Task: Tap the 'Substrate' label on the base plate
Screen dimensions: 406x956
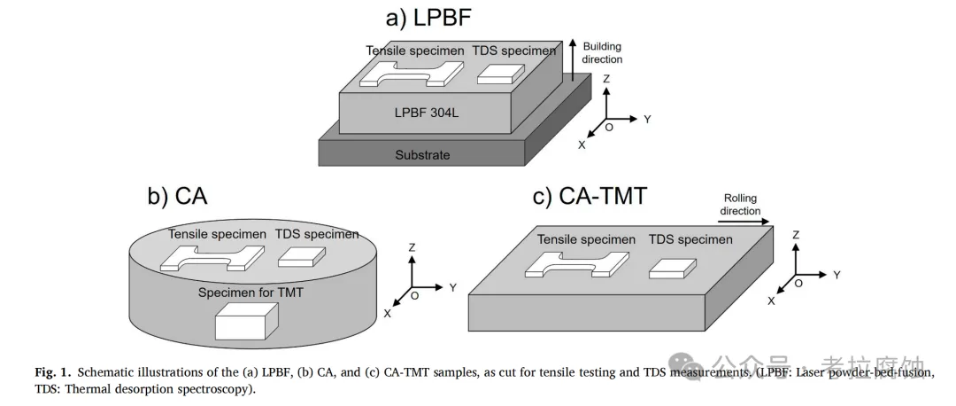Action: [422, 155]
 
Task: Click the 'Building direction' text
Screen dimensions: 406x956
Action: [602, 52]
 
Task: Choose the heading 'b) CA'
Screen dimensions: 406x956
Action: [178, 196]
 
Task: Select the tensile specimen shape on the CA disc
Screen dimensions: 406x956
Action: [212, 258]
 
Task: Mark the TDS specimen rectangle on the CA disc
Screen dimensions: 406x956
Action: [301, 256]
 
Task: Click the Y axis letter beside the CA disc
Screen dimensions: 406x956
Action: [452, 287]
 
